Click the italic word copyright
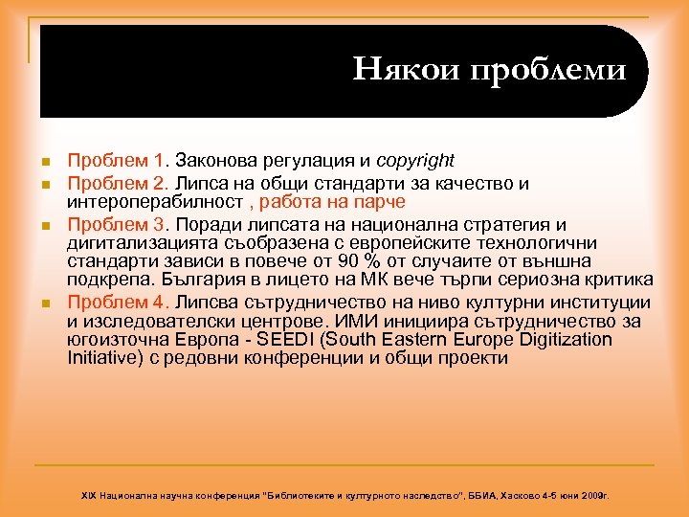pyautogui.click(x=415, y=160)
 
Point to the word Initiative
pyautogui.click(x=102, y=358)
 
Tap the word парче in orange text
pyautogui.click(x=380, y=202)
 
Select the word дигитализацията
pyautogui.click(x=136, y=243)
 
